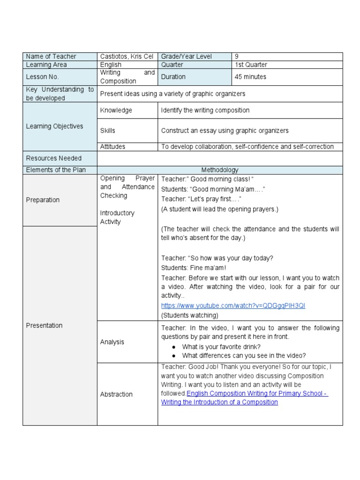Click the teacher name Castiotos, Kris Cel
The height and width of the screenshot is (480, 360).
(127, 57)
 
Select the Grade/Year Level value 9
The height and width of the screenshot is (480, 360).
(237, 57)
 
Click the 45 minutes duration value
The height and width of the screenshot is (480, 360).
(250, 77)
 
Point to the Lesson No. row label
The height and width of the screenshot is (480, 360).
(43, 77)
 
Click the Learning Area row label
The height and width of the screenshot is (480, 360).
(46, 65)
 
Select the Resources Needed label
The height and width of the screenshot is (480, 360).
(53, 158)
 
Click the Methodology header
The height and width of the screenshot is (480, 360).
(219, 170)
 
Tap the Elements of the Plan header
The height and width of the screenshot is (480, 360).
(56, 170)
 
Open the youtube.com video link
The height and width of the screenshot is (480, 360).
(233, 306)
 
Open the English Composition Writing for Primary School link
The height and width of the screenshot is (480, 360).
(244, 398)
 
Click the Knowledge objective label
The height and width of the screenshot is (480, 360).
(116, 111)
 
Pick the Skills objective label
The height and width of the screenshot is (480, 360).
(107, 131)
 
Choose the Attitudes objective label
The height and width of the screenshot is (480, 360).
(112, 147)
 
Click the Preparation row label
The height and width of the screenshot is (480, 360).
(43, 200)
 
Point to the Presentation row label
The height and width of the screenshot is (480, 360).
(44, 326)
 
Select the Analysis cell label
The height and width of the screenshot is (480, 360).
(112, 342)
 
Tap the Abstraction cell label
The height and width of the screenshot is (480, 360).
(116, 395)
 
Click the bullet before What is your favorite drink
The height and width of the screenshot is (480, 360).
(173, 347)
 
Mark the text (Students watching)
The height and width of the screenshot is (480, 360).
(189, 315)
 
